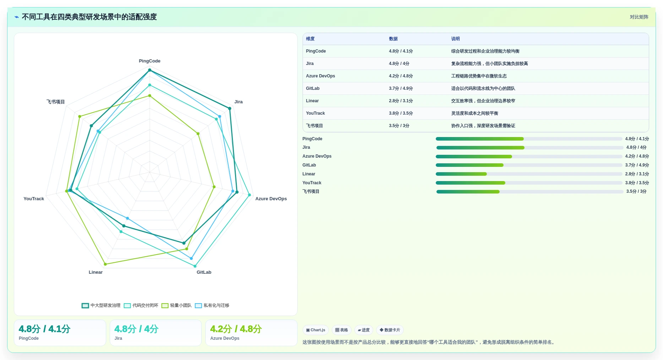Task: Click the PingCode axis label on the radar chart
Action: coord(150,61)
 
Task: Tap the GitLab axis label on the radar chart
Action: coord(204,272)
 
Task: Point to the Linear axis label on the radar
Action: coord(96,272)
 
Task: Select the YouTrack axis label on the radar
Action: coord(34,199)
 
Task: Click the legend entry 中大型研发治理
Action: coord(101,305)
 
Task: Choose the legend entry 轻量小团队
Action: coord(176,305)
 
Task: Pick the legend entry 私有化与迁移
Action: coord(212,305)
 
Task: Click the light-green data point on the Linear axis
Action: coord(105,264)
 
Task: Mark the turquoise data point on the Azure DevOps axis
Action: coord(249,195)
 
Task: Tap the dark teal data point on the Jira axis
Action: coord(230,109)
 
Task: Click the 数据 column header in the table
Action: coord(393,39)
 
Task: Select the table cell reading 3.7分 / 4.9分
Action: coord(401,88)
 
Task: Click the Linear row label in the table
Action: coord(312,101)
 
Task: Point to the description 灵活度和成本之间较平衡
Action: coord(474,113)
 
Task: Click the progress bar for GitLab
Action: coord(529,165)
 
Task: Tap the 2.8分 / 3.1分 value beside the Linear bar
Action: coord(637,174)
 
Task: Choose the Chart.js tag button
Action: coord(316,330)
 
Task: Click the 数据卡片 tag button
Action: coord(390,330)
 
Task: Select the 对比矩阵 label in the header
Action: coord(639,17)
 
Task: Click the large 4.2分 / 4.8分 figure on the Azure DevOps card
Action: coord(236,329)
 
